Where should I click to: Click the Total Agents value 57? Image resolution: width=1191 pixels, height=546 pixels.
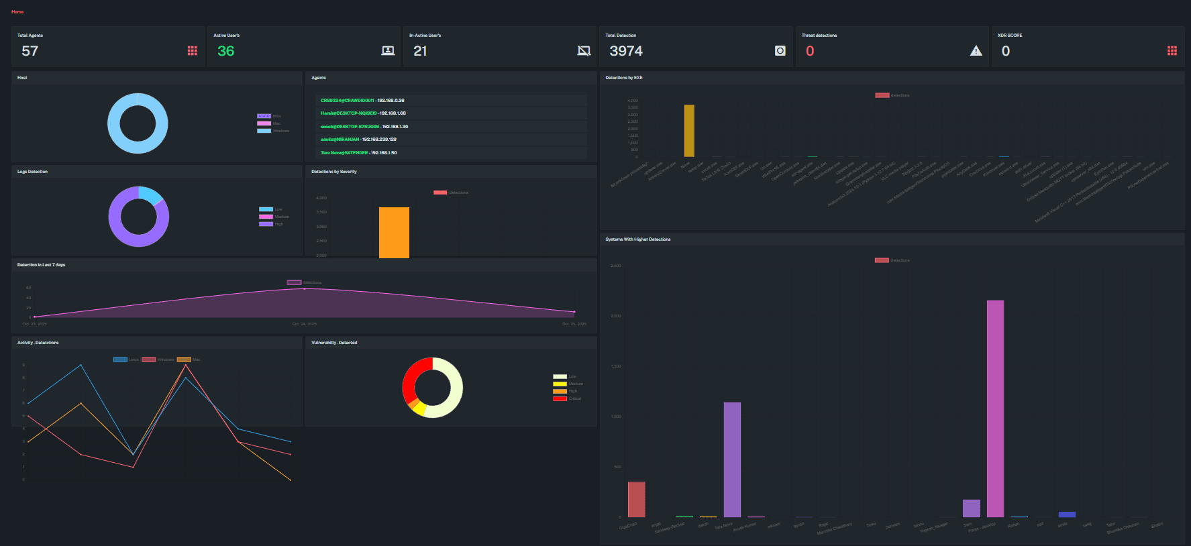coord(30,51)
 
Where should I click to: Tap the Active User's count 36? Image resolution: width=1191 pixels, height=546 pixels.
coord(226,51)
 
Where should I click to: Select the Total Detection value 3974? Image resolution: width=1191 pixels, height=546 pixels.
coord(625,51)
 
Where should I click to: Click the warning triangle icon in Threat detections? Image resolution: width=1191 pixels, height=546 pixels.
coord(976,51)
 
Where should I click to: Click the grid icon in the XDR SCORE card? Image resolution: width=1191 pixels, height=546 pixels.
coord(1172,51)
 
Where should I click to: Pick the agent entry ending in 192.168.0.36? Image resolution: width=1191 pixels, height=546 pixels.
coord(362,101)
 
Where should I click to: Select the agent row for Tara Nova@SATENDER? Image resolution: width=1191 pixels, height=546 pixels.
coord(358,153)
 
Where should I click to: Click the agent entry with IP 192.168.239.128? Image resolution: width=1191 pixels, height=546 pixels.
coord(358,140)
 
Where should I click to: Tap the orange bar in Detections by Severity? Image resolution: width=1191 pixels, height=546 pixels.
coord(394,232)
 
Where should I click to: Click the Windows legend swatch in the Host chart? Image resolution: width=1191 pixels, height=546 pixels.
coord(264,131)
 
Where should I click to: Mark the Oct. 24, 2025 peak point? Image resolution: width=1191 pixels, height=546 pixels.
coord(305,288)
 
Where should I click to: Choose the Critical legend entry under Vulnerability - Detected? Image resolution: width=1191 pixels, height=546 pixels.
coord(567,398)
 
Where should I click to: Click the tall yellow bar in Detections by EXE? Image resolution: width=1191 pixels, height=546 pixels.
coord(689,131)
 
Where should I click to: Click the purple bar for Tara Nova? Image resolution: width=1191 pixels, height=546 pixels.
coord(732,459)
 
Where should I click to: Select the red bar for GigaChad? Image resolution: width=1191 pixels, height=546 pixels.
coord(636,499)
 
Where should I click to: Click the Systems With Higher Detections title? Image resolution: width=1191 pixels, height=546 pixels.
coord(637,239)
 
